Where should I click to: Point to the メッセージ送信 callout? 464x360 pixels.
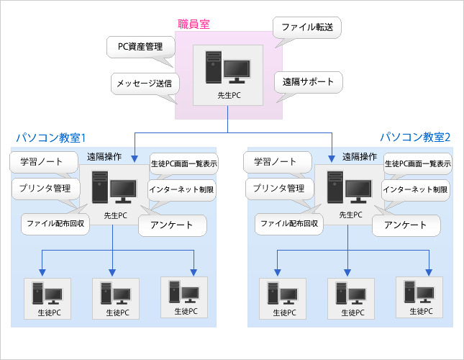[x=145, y=84]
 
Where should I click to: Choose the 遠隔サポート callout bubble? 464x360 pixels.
[x=309, y=82]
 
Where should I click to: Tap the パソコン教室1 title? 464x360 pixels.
[x=51, y=137]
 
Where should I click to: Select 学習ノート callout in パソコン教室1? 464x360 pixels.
[x=42, y=162]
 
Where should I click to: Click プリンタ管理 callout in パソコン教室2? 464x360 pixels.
[x=276, y=189]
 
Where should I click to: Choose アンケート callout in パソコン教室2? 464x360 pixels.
[x=404, y=225]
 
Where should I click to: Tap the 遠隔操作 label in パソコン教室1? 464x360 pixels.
[x=105, y=156]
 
